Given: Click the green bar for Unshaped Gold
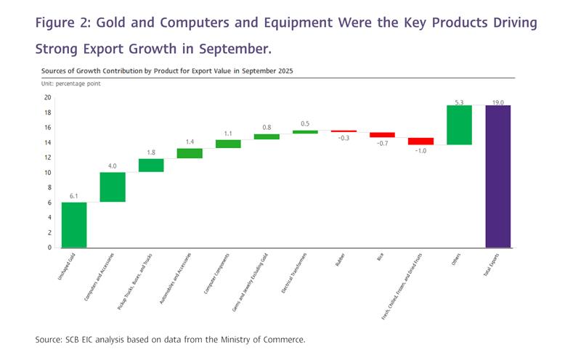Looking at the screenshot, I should [74, 225].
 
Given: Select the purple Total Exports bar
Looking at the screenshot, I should [498, 176].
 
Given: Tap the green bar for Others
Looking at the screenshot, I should [459, 125].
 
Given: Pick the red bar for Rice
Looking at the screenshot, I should [382, 135].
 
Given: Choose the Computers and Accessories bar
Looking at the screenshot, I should [113, 187].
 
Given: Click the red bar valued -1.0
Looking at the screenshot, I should [420, 142].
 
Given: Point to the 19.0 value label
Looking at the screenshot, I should [498, 103].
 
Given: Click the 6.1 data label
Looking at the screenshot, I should [74, 197].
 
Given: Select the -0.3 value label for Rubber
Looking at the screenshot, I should [344, 138].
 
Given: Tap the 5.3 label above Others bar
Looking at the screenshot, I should [459, 103].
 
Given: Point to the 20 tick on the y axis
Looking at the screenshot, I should [47, 97].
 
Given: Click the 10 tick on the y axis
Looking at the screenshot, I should [47, 173].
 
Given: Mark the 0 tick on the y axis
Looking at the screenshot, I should [49, 247].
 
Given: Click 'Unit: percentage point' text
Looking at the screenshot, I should [70, 84].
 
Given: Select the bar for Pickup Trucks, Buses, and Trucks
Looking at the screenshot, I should [151, 165].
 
